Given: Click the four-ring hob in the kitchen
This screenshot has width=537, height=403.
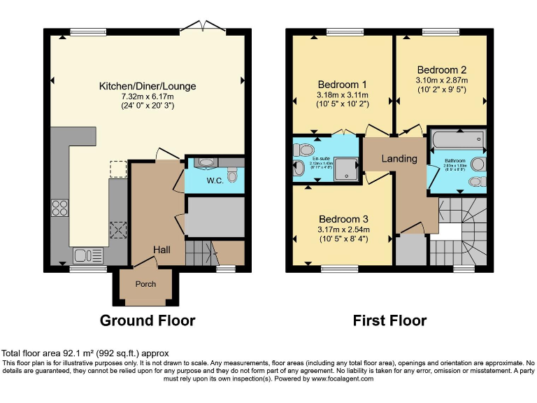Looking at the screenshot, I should tap(59, 208).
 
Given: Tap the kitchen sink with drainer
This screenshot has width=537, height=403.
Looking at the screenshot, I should tap(87, 255).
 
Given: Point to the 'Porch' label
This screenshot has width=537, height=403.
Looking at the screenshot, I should tap(145, 284).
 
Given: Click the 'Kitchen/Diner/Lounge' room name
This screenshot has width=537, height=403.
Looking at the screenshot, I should tap(147, 86).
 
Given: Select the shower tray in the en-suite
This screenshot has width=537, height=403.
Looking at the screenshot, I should tap(343, 166).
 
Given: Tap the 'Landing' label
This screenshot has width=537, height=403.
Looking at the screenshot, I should tap(399, 159).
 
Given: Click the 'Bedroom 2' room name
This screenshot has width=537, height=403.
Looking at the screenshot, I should tap(441, 70).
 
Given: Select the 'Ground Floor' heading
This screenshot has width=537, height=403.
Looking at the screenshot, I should tap(147, 320).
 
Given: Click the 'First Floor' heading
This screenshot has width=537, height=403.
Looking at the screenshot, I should tap(389, 320).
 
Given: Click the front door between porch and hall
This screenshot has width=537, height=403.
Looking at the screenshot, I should tap(145, 264).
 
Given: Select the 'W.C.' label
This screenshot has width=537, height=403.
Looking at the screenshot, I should tap(214, 181).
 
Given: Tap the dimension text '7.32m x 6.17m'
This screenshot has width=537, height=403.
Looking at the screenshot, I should tap(147, 97).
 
